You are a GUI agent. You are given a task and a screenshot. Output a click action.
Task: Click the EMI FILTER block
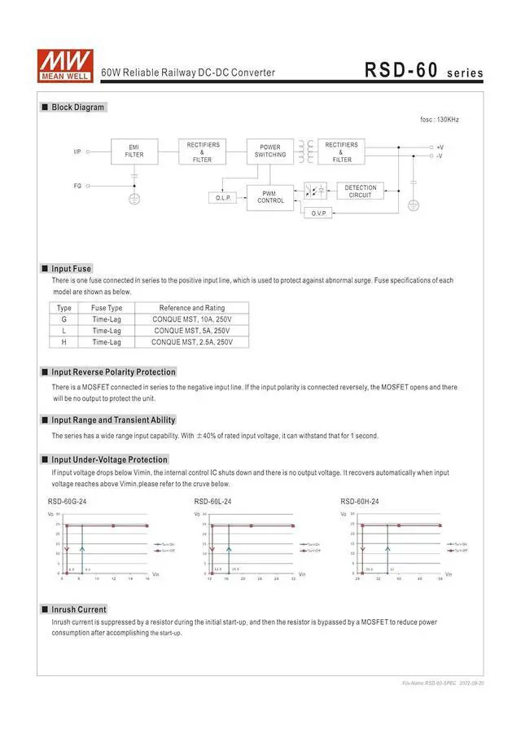click(x=134, y=151)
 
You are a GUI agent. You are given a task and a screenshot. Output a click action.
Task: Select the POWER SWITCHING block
click(x=270, y=151)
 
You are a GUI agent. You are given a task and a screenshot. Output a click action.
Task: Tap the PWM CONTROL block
click(x=270, y=197)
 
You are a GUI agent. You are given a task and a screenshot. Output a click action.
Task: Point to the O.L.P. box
click(x=223, y=198)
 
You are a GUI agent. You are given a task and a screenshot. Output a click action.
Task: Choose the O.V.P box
click(x=318, y=213)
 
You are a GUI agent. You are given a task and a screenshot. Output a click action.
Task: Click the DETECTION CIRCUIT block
click(x=360, y=191)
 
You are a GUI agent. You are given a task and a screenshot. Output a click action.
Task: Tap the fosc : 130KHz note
click(x=440, y=120)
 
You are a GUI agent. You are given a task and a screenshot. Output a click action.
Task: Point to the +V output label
click(x=440, y=147)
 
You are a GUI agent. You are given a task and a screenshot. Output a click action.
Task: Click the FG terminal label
click(x=77, y=186)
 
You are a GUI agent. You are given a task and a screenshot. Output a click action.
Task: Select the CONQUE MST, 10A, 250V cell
click(x=191, y=319)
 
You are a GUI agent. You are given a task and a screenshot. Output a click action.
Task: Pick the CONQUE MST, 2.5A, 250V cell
click(x=191, y=342)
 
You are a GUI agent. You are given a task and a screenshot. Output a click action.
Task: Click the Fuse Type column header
click(x=107, y=308)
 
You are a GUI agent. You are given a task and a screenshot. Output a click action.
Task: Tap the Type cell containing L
click(x=64, y=331)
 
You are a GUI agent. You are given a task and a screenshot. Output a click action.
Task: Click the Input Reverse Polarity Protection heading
click(x=113, y=372)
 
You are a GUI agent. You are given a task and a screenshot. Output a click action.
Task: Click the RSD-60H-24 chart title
click(x=359, y=501)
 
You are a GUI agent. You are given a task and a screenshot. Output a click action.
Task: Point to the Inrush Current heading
click(x=79, y=609)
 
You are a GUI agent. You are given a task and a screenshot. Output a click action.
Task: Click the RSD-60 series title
click(x=423, y=72)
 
